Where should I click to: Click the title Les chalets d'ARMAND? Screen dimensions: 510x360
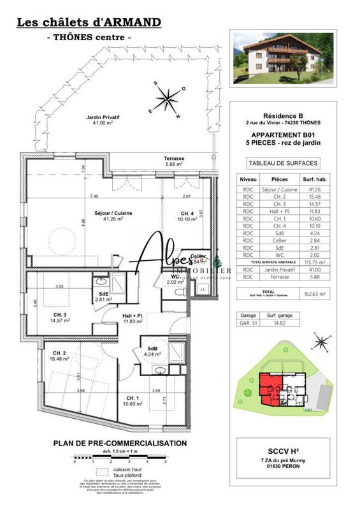89,23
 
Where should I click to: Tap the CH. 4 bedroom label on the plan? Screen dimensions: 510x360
187,217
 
